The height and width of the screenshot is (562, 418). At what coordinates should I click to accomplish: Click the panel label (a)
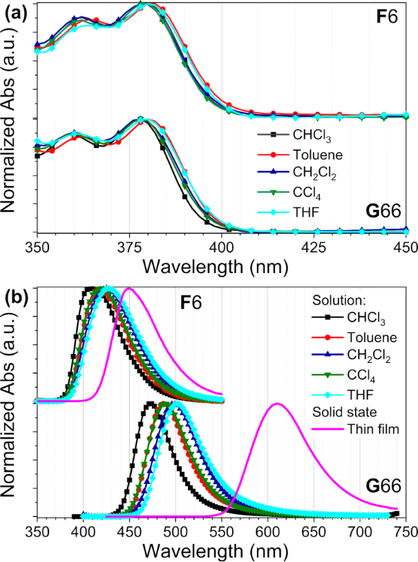pyautogui.click(x=15, y=9)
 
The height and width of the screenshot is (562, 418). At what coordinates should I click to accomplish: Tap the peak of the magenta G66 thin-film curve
pyautogui.click(x=278, y=404)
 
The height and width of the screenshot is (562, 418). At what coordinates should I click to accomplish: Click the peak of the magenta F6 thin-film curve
pyautogui.click(x=129, y=288)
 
